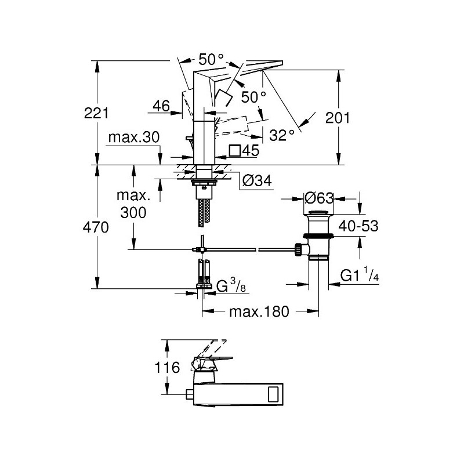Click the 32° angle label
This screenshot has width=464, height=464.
[x=282, y=135]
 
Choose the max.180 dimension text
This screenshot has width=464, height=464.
[x=259, y=311]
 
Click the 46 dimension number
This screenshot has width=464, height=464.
[x=162, y=106]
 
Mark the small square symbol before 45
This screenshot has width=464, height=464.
[x=235, y=150]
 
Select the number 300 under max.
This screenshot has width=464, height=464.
[x=134, y=212]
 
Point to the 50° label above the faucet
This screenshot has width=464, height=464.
[x=211, y=59]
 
